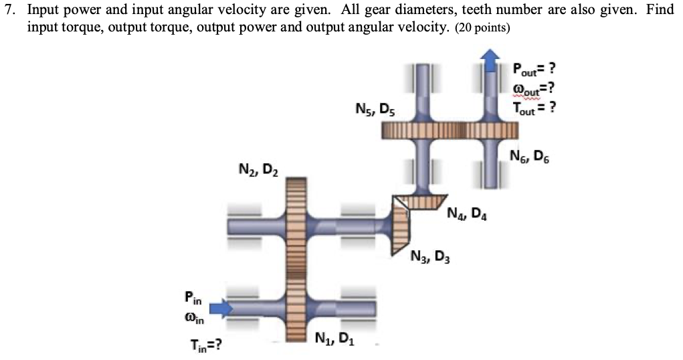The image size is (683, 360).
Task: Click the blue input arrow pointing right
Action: [219, 308]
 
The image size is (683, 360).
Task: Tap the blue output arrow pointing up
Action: [492, 60]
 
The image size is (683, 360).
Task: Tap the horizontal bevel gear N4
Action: [419, 200]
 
